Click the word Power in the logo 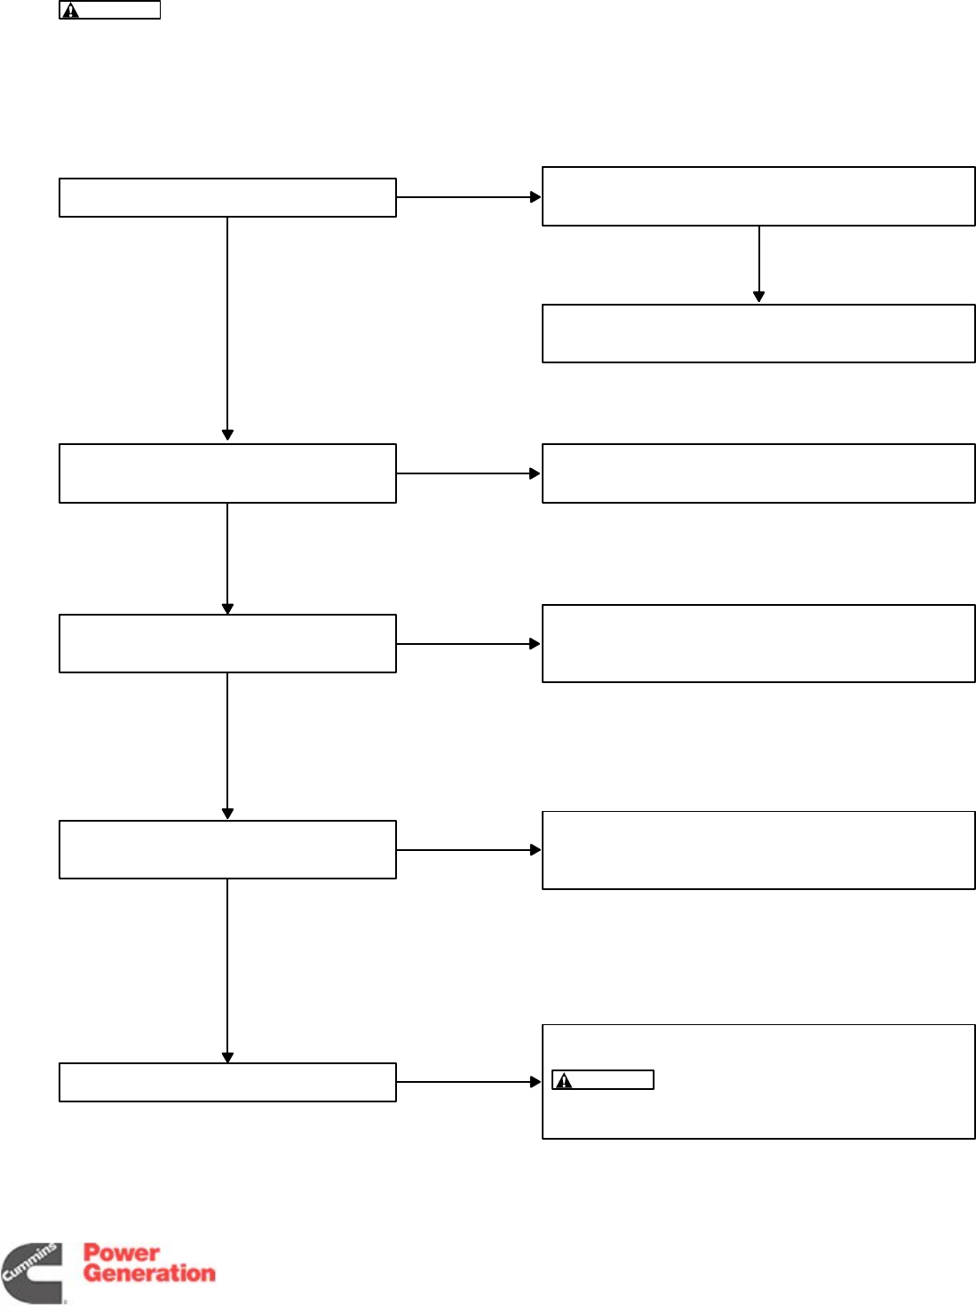click(x=121, y=1252)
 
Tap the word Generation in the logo click(x=149, y=1273)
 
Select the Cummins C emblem click(x=32, y=1273)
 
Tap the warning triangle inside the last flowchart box click(x=564, y=1081)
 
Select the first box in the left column click(x=227, y=197)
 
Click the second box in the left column click(x=227, y=473)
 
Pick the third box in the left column click(x=227, y=643)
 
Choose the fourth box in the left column click(x=227, y=850)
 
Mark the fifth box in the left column click(x=227, y=1082)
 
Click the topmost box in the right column click(x=758, y=196)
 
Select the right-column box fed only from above click(x=758, y=333)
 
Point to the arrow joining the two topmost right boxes click(x=758, y=265)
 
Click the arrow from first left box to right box click(x=469, y=197)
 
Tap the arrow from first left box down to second click(x=227, y=329)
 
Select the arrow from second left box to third click(x=227, y=559)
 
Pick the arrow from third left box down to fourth click(x=227, y=746)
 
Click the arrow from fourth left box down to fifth click(x=227, y=971)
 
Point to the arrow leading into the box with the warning click(x=469, y=1082)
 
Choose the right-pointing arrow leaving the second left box click(x=469, y=473)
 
